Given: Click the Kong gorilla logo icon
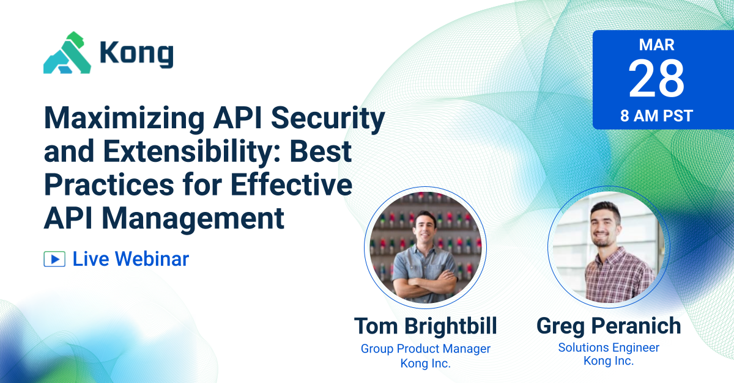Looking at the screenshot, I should [x=67, y=53].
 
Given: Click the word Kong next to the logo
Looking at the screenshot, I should [x=136, y=55].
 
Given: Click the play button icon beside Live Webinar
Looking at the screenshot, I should [x=54, y=259].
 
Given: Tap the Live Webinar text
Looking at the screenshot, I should [x=131, y=259].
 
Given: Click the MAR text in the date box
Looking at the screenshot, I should [x=656, y=45].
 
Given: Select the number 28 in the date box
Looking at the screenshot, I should [x=656, y=80].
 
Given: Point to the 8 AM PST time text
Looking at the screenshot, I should [x=656, y=116].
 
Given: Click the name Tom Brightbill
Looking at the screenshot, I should [x=425, y=326].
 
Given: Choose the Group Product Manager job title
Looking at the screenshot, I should [x=425, y=349].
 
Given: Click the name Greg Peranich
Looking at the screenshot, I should [x=609, y=326].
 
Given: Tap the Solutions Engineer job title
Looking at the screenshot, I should [x=609, y=348].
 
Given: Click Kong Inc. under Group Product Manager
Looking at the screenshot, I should [x=425, y=364].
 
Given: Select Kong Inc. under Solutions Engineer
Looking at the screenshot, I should [x=609, y=362].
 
